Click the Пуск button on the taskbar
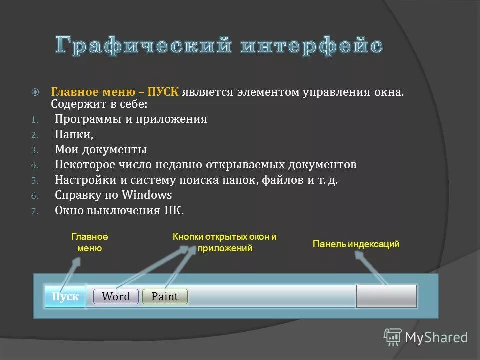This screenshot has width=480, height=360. point(65,297)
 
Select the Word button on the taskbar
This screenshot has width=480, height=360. point(115,296)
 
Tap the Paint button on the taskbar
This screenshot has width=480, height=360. point(165,296)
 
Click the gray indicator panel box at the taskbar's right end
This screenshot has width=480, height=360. point(386,296)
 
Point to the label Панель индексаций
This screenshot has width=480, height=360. point(356,244)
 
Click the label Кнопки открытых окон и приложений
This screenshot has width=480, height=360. point(225,242)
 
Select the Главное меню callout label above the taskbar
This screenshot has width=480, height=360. point(89,242)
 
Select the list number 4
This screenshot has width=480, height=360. point(34,165)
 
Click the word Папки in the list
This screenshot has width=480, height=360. point(73,134)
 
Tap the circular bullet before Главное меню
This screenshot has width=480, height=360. point(35,92)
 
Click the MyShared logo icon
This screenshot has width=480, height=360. point(392,337)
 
